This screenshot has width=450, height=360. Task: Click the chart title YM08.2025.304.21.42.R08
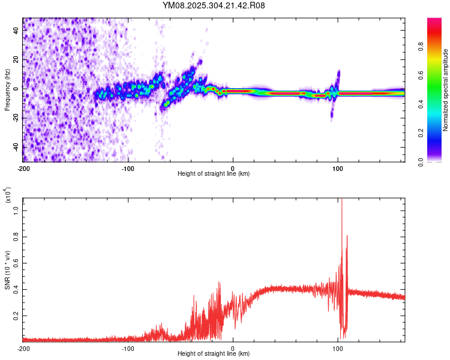tap(214, 5)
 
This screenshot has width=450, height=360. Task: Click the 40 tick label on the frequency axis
tap(17, 31)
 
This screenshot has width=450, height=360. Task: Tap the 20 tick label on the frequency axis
tap(17, 60)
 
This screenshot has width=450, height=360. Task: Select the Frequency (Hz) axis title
tap(7, 90)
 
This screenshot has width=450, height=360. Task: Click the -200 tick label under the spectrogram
tap(23, 167)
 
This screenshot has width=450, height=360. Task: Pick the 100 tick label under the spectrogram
tap(338, 167)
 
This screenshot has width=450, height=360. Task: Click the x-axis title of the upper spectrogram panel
tap(214, 174)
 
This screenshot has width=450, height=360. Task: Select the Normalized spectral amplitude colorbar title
tap(446, 90)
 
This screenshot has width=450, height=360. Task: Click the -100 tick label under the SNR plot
tap(128, 348)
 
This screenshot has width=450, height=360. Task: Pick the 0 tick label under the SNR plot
tap(233, 348)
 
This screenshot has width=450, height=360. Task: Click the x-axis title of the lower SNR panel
tap(214, 354)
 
